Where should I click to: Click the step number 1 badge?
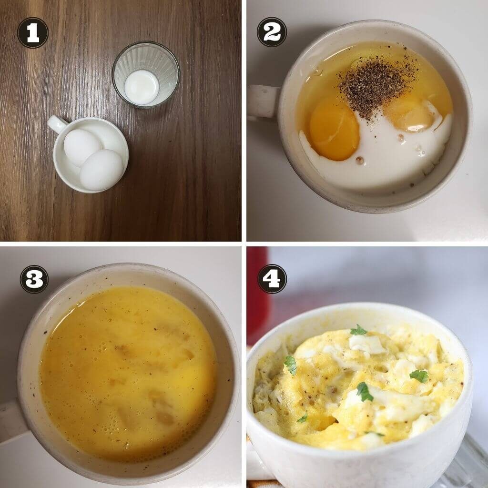(33, 33)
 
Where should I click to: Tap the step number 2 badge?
(272, 32)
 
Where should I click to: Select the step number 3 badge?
(34, 279)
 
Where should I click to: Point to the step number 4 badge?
(272, 279)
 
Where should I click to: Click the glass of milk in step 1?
(146, 75)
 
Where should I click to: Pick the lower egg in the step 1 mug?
(102, 170)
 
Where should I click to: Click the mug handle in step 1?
(58, 123)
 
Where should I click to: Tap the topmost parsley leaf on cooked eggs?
(358, 330)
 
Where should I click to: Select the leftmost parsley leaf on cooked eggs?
(291, 365)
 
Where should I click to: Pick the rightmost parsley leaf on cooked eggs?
(419, 376)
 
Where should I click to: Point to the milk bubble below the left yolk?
(360, 160)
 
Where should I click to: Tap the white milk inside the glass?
(142, 87)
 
